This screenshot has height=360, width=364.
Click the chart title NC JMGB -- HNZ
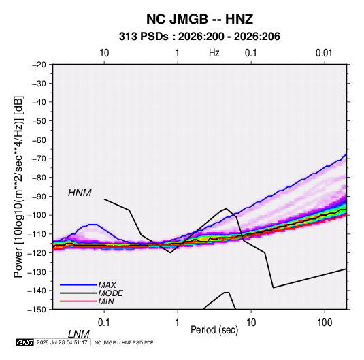(x=199, y=19)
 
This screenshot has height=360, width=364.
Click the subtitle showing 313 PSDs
(x=199, y=37)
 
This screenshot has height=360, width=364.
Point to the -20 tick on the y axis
(x=39, y=65)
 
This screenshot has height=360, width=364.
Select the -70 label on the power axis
(x=39, y=159)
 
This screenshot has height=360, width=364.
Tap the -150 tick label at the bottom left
(x=37, y=310)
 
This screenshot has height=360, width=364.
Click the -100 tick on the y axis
(x=37, y=215)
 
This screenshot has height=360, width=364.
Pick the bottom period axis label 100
(x=325, y=323)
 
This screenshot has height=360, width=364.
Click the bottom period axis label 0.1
(x=104, y=323)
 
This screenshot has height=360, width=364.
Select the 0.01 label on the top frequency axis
(x=324, y=53)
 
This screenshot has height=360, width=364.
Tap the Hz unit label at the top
(x=214, y=53)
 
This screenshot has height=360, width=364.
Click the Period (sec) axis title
(x=214, y=330)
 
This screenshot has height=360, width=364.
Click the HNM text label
(x=80, y=193)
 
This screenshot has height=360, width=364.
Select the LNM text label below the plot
(x=78, y=334)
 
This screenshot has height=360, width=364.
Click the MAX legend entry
(x=107, y=285)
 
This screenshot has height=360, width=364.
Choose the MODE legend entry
(x=110, y=293)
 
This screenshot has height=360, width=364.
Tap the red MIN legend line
(x=78, y=301)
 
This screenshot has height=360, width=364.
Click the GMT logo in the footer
(x=25, y=342)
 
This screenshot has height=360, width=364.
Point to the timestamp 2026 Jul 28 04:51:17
(x=62, y=342)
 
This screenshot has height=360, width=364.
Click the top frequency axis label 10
(x=104, y=53)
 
